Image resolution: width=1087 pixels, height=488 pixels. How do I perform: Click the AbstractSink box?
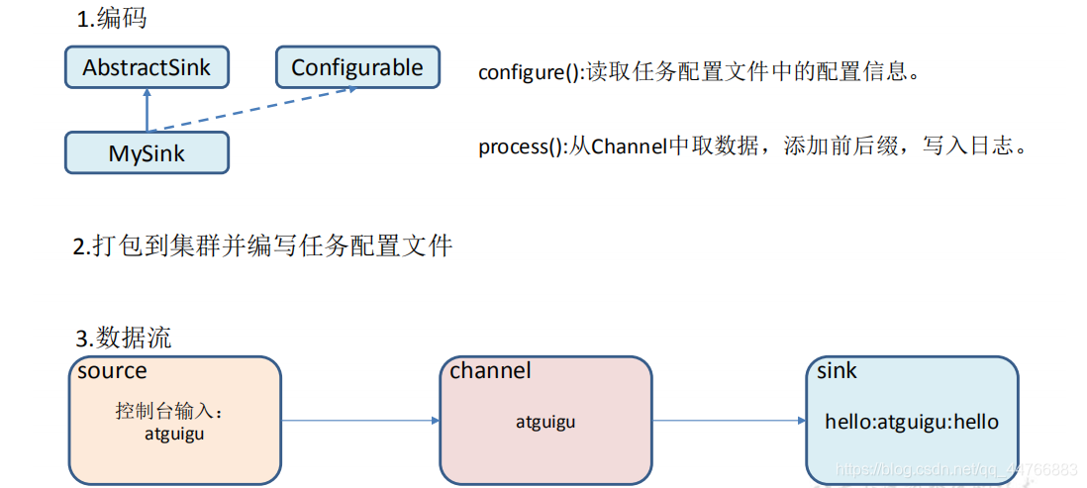pyautogui.click(x=147, y=68)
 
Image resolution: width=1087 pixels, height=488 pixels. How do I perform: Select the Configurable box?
pyautogui.click(x=356, y=68)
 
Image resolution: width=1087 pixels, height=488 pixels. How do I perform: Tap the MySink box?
pyautogui.click(x=147, y=153)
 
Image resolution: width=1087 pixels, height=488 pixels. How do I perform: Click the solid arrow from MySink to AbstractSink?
pyautogui.click(x=147, y=109)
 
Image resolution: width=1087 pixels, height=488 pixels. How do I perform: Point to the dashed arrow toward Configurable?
pyautogui.click(x=252, y=110)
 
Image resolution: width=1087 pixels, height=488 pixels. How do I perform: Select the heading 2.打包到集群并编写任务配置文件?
pyautogui.click(x=263, y=245)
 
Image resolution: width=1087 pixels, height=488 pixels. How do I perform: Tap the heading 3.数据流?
pyautogui.click(x=123, y=338)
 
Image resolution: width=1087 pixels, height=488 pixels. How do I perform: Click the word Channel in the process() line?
pyautogui.click(x=630, y=147)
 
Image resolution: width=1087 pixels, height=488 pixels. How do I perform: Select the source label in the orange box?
pyautogui.click(x=112, y=371)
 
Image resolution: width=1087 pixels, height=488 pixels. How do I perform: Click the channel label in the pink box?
pyautogui.click(x=490, y=371)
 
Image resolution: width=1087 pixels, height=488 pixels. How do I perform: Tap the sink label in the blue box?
pyautogui.click(x=837, y=371)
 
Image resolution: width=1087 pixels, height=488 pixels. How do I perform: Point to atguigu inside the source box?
pyautogui.click(x=173, y=433)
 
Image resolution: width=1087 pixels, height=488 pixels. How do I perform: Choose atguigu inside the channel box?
pyautogui.click(x=544, y=422)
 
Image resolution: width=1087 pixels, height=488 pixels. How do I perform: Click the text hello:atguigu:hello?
pyautogui.click(x=912, y=422)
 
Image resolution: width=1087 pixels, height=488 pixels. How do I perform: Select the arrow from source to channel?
pyautogui.click(x=360, y=421)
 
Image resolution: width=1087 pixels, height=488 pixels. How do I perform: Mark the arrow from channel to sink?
pyautogui.click(x=729, y=421)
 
